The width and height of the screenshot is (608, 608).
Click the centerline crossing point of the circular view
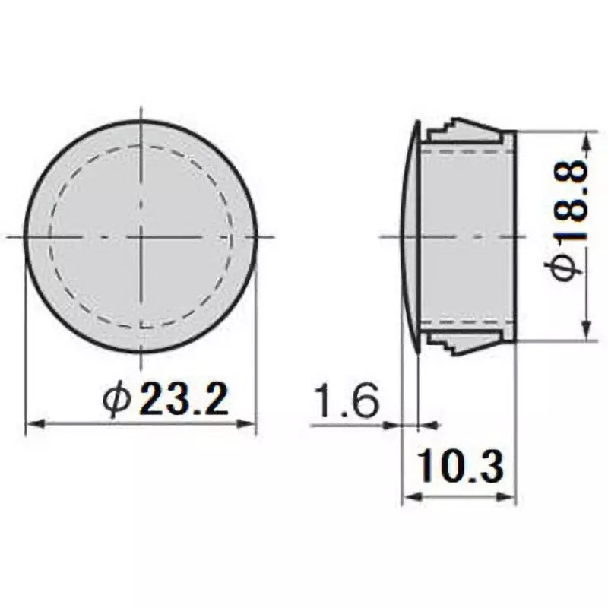coord(141,236)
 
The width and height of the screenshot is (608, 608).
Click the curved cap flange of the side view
coord(410,236)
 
